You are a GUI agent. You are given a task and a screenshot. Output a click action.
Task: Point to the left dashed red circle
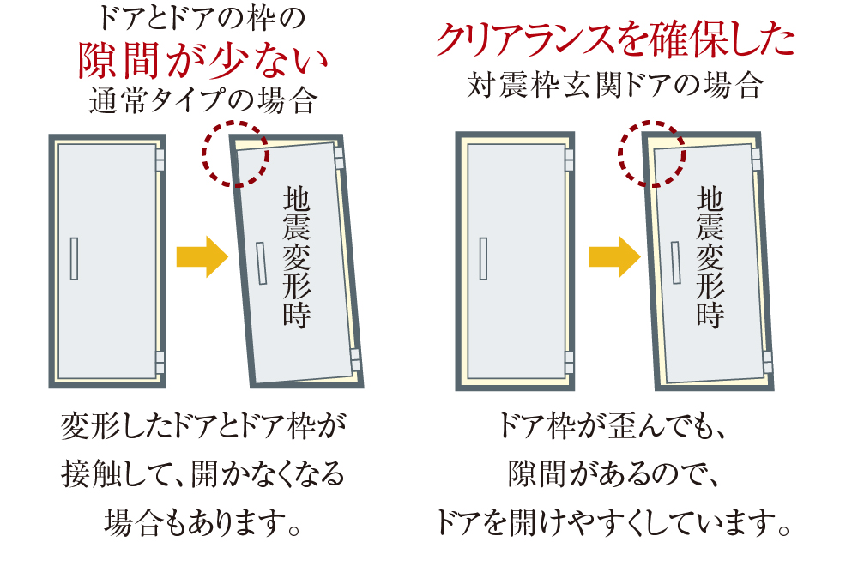pyautogui.click(x=234, y=153)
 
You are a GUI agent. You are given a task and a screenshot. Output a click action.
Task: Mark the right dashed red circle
pyautogui.click(x=651, y=153)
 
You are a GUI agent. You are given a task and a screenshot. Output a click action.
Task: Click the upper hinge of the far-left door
pyautogui.click(x=160, y=160)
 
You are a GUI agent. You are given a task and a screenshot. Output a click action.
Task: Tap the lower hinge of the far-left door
pyautogui.click(x=160, y=361)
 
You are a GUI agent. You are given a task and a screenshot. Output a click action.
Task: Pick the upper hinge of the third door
pyautogui.click(x=569, y=160)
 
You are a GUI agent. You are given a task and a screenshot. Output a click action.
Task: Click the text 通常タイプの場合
pyautogui.click(x=203, y=103)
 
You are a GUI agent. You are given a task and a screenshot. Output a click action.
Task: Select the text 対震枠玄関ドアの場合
pyautogui.click(x=614, y=86)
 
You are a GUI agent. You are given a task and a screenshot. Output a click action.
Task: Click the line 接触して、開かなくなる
pyautogui.click(x=203, y=473)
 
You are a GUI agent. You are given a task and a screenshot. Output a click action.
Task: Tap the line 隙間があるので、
pyautogui.click(x=614, y=473)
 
